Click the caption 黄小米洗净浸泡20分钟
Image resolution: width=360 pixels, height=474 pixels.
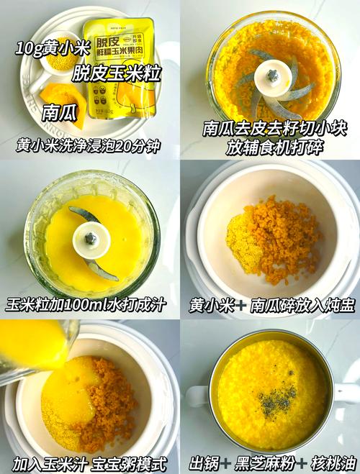88,146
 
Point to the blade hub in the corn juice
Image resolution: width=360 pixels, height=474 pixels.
90,238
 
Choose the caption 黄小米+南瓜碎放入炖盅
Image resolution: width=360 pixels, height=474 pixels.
271,305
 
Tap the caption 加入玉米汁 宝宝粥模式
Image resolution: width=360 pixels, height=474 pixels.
89,462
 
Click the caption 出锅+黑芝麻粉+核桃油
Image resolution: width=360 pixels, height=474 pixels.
271,462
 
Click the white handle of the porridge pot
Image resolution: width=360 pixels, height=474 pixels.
197,396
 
